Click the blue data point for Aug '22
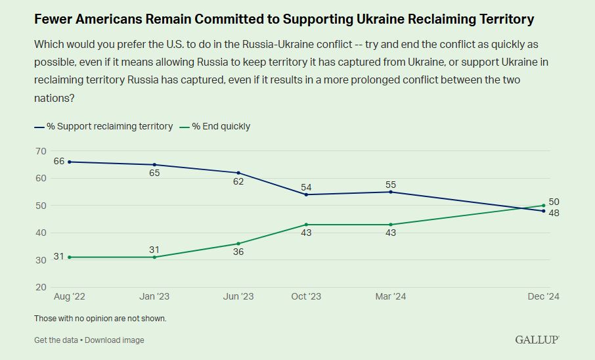point(70,162)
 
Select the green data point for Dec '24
point(544,205)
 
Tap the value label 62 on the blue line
point(238,181)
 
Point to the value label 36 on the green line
point(238,252)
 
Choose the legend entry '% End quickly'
point(221,126)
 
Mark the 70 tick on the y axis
point(41,151)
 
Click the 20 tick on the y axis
point(41,287)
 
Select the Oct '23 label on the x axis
point(306,297)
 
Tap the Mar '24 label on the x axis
point(391,297)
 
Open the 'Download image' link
point(114,340)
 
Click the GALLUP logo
point(537,340)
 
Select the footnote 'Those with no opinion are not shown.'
point(100,319)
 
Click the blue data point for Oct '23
point(306,194)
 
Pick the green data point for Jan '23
point(154,257)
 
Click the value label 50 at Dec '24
point(554,202)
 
